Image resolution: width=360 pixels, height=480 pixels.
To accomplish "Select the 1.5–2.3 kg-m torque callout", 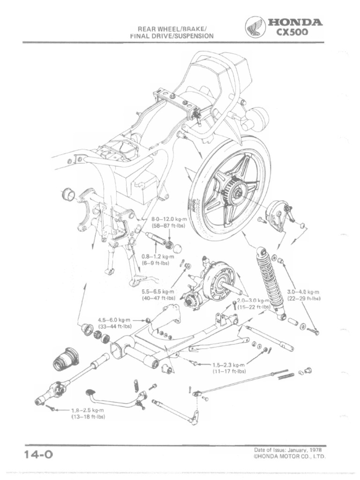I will coord(229,365).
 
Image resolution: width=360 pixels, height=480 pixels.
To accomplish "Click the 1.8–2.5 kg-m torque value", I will coord(87,410).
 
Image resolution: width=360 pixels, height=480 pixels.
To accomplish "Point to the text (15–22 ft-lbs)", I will coord(254,307).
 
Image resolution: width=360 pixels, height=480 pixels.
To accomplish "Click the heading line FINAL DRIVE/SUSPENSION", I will coord(172,36).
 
